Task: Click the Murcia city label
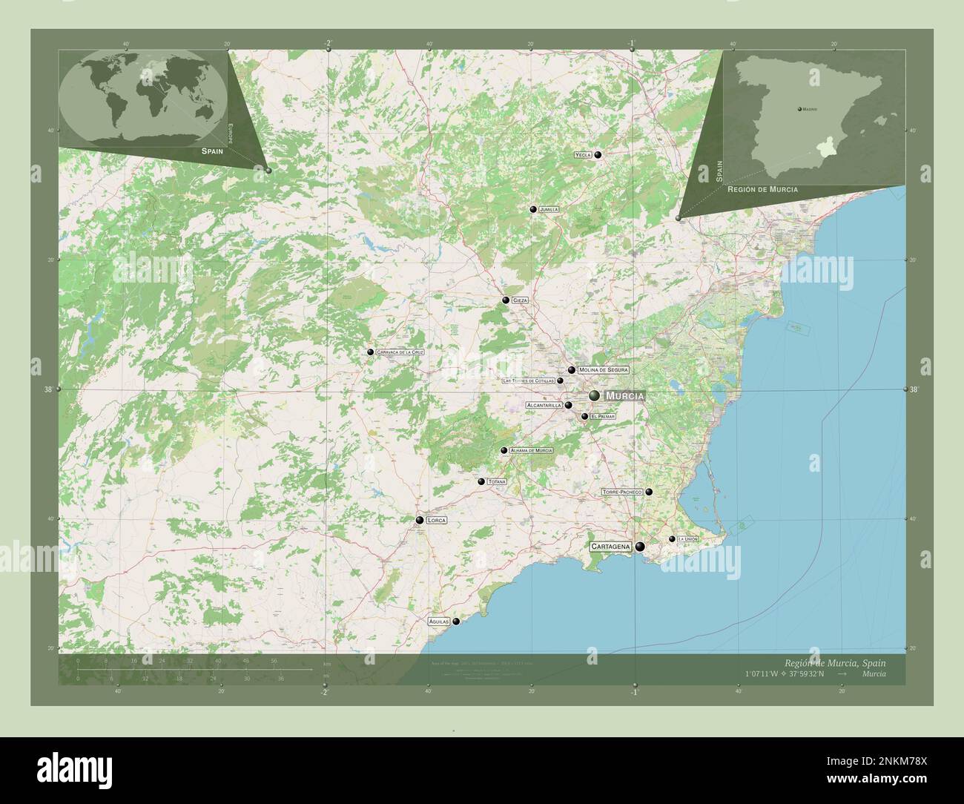point(624,396)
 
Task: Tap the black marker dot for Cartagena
point(639,547)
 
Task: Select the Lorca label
point(437,521)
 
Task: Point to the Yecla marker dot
point(598,155)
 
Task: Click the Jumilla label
point(549,210)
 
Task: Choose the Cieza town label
point(519,300)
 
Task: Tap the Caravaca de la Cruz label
point(400,352)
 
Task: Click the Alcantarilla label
point(544,406)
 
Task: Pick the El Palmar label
point(603,417)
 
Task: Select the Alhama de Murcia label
point(531,451)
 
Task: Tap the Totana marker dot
point(481,482)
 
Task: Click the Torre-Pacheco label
point(621,492)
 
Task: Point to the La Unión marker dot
point(672,539)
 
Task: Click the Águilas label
point(439,622)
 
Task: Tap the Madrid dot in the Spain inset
point(799,109)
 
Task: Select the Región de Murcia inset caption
point(762,190)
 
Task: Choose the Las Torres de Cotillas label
point(528,381)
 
